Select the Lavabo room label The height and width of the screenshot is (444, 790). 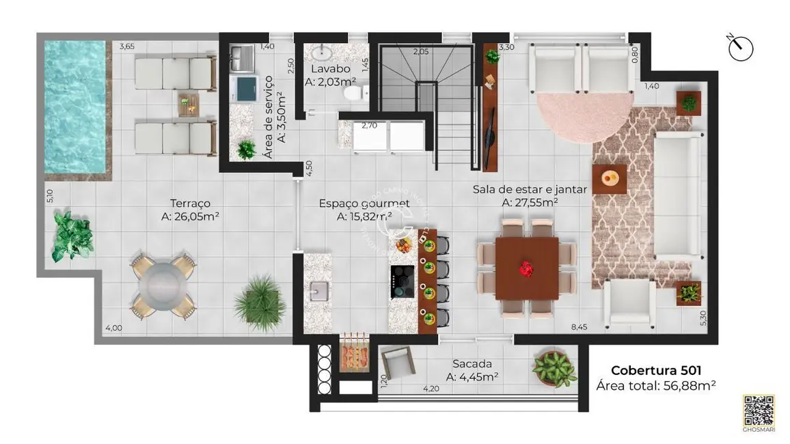coord(331,70)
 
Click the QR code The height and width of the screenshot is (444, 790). coord(759,410)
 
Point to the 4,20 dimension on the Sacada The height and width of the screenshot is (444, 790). coord(431,389)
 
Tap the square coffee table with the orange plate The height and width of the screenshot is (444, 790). coord(610,180)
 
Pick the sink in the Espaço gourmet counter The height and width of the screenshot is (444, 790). coord(318,291)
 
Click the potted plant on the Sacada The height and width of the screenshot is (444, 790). coord(552,368)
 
